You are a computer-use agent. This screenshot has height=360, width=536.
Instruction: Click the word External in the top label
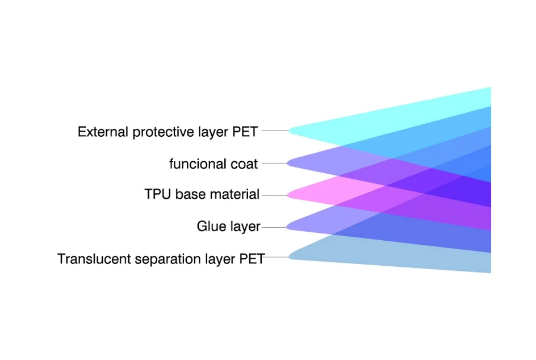(x=103, y=132)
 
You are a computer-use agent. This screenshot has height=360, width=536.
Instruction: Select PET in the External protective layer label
(x=245, y=132)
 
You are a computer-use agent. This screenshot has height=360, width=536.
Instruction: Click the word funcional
(x=198, y=164)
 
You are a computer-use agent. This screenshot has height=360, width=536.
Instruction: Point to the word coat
(x=244, y=164)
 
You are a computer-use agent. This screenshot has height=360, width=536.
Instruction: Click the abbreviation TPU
(x=158, y=194)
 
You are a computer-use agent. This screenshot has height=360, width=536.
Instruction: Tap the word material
(x=235, y=194)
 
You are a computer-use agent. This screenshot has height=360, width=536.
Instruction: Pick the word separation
(x=167, y=259)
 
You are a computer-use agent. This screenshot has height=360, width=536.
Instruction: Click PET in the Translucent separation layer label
(x=252, y=259)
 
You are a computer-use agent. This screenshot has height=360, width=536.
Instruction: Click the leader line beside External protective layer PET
(x=275, y=131)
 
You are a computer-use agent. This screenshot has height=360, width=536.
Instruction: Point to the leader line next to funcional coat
(x=274, y=164)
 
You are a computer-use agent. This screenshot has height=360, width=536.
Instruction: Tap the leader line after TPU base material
(x=274, y=195)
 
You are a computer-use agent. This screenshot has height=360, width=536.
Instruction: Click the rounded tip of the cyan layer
(x=290, y=131)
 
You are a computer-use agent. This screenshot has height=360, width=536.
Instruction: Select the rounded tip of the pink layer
(x=288, y=195)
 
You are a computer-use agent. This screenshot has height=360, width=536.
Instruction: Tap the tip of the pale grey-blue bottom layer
(x=290, y=257)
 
